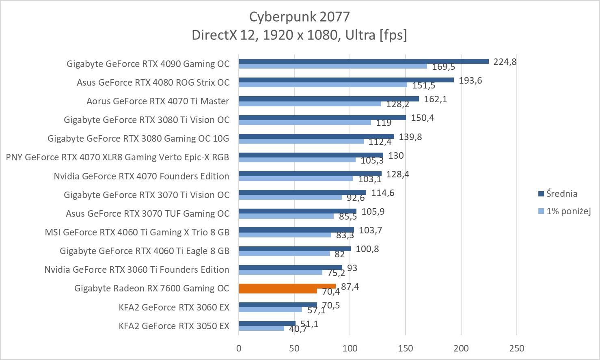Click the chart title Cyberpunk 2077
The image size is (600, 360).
pos(299,17)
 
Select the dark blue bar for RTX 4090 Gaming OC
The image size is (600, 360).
pos(363,61)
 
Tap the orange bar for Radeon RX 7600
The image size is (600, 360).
pos(287,286)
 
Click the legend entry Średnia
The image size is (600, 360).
pos(561,194)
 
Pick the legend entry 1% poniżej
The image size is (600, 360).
pos(568,211)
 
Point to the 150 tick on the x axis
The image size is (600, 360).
pos(406,348)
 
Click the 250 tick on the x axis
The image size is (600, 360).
pos(516,348)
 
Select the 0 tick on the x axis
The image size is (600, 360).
pos(239,348)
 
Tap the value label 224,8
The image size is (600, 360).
pos(505,62)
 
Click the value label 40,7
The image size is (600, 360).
pos(298,329)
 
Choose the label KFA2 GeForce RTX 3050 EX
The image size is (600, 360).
pos(174,326)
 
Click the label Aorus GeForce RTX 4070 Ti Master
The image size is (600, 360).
pos(158,101)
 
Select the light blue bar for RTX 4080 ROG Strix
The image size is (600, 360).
pos(323,85)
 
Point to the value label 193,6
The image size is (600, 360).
pos(470,81)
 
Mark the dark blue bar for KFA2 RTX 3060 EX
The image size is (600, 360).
pos(278,305)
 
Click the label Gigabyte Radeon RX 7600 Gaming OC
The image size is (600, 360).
pos(152,288)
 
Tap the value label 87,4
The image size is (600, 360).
pos(350,287)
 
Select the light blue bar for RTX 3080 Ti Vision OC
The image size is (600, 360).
pos(304,123)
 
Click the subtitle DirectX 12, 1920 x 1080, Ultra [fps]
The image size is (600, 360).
pos(299,35)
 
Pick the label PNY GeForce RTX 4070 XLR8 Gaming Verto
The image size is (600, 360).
pos(117,157)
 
